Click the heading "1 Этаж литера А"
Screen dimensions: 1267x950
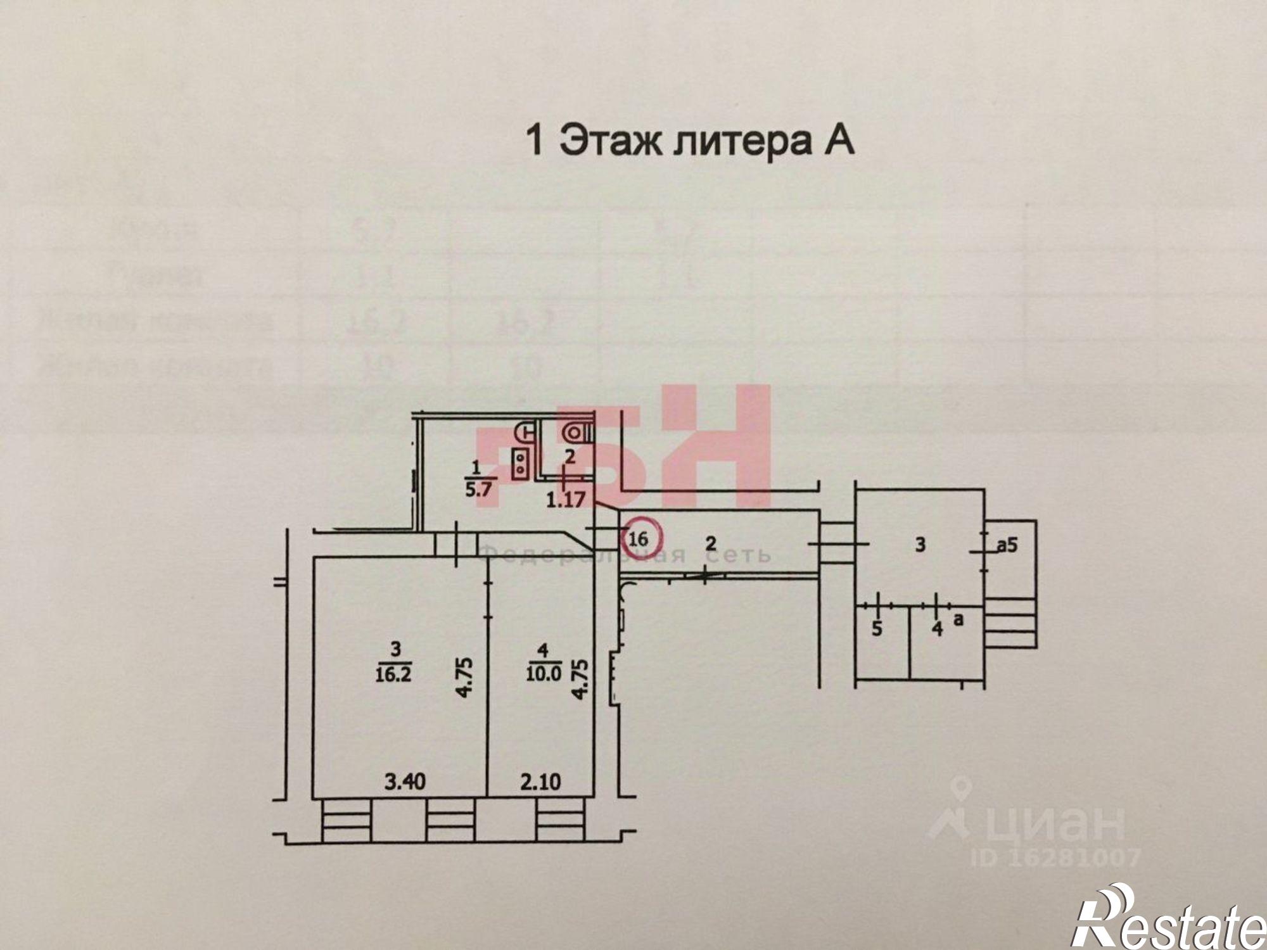tap(690, 141)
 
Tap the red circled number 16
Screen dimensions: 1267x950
tap(639, 539)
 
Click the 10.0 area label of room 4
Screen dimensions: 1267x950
tap(542, 674)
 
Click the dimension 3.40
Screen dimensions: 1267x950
tap(405, 782)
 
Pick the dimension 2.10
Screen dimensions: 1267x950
tap(540, 782)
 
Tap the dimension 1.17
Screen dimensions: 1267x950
tap(566, 500)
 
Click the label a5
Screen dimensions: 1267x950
tap(1007, 544)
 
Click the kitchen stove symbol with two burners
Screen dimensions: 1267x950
tap(521, 462)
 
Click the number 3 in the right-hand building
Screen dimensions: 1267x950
tap(920, 544)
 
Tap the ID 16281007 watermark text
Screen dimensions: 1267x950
tap(1056, 858)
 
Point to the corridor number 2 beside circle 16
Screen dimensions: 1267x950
tap(710, 543)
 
